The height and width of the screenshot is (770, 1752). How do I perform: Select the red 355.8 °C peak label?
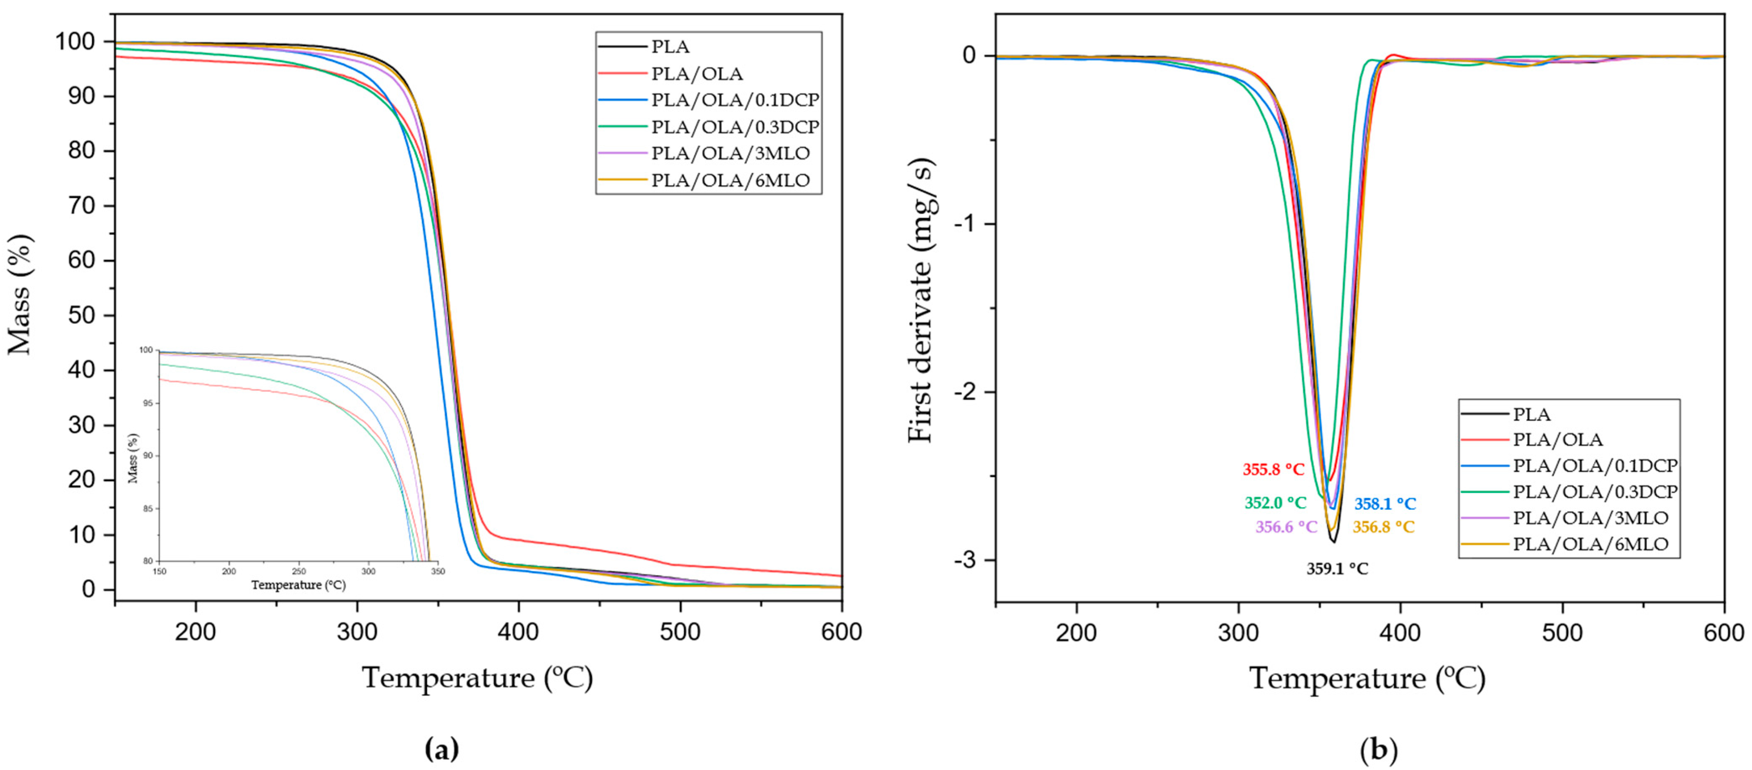click(x=1273, y=470)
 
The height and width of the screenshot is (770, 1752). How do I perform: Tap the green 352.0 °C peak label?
click(x=1275, y=503)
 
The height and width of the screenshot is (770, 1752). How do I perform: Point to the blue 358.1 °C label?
click(x=1385, y=504)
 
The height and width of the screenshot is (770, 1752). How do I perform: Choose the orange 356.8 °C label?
click(x=1383, y=526)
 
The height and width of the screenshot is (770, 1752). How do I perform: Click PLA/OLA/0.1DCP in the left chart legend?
click(x=735, y=100)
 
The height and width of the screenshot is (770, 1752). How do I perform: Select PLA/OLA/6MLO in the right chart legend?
click(x=1590, y=544)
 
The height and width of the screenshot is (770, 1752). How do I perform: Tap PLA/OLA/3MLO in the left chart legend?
click(x=730, y=154)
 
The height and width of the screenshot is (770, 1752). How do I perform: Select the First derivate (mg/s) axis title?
click(x=922, y=300)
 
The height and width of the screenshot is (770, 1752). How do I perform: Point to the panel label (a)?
click(x=442, y=749)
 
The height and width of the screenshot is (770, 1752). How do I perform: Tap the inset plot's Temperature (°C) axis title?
click(x=298, y=585)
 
